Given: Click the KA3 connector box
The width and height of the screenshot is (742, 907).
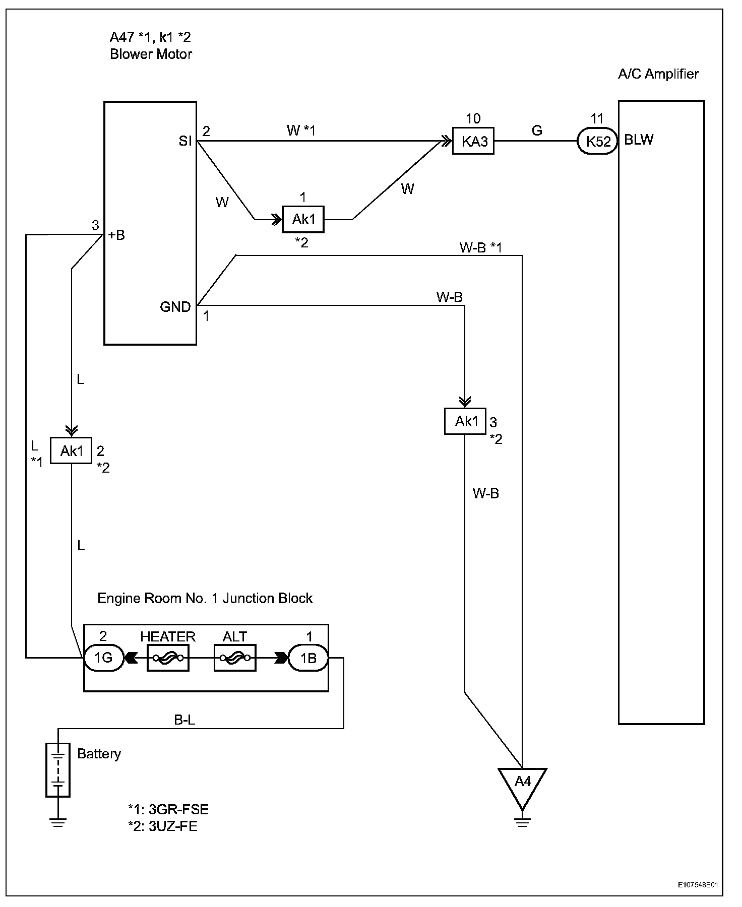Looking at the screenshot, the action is (473, 142).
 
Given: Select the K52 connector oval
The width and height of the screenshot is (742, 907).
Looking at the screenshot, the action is (597, 142).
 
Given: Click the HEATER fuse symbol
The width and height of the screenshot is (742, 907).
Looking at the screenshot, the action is (168, 658).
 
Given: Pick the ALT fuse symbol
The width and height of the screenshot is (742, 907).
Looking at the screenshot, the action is (235, 658).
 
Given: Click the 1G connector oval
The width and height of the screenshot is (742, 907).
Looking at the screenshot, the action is (103, 658).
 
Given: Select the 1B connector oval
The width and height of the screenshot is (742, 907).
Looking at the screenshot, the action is (308, 658).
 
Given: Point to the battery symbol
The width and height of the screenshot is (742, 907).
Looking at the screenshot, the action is (58, 770).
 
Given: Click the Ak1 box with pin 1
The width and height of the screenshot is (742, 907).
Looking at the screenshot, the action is (303, 219).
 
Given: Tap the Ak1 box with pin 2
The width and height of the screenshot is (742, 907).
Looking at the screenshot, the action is (71, 450).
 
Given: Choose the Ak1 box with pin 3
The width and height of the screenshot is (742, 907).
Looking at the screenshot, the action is (465, 421).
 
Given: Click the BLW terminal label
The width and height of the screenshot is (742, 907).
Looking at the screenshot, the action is (639, 140).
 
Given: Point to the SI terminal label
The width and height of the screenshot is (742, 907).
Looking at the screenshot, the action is (185, 141).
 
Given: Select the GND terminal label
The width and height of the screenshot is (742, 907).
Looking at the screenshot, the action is (175, 307).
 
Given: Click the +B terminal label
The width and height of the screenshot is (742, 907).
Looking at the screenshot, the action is (116, 235).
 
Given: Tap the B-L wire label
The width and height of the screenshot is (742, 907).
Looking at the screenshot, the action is (184, 720).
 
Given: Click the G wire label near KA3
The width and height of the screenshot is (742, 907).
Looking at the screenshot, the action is (537, 131).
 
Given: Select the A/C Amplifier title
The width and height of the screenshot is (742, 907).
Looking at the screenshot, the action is (658, 74).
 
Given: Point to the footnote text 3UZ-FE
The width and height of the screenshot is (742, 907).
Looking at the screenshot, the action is (173, 827).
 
